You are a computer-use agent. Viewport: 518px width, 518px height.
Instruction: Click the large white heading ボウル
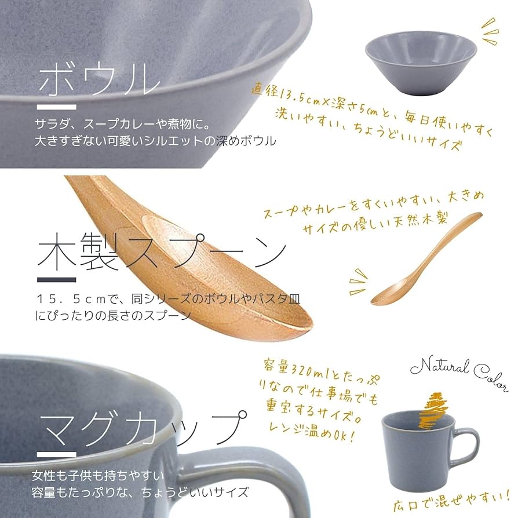[x=99, y=79]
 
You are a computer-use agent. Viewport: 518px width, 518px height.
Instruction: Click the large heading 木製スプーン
[x=162, y=253]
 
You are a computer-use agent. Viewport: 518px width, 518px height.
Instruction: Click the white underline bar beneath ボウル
[x=56, y=107]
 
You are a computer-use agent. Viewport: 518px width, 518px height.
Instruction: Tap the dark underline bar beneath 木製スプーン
[x=56, y=280]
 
